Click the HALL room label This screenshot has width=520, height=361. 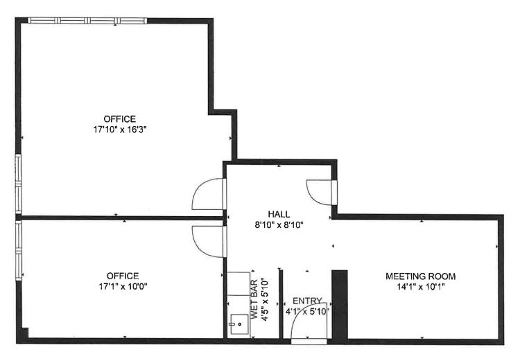(279, 214)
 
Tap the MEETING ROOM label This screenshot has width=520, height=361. (421, 276)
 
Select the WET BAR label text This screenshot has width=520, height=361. (254, 299)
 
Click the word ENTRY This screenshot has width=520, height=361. (307, 301)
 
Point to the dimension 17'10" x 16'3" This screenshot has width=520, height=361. (120, 130)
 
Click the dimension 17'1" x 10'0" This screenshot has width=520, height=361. (123, 286)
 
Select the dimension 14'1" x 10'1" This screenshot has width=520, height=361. (421, 286)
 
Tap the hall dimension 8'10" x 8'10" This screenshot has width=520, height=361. (279, 225)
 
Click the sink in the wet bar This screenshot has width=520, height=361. (239, 324)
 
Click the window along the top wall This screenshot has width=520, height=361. (87, 21)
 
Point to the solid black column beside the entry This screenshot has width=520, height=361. (340, 305)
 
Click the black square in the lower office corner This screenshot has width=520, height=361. (24, 332)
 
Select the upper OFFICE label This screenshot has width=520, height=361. (120, 118)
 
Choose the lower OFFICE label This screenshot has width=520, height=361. (123, 276)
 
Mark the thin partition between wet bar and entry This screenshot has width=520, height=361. (281, 304)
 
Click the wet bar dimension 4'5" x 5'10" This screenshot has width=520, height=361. (265, 299)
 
